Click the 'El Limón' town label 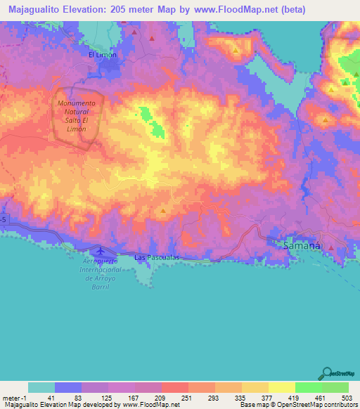(x=102, y=54)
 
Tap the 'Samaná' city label (x=301, y=246)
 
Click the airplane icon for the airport (x=100, y=249)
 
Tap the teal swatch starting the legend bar (x=41, y=387)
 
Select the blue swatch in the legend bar (x=68, y=387)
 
